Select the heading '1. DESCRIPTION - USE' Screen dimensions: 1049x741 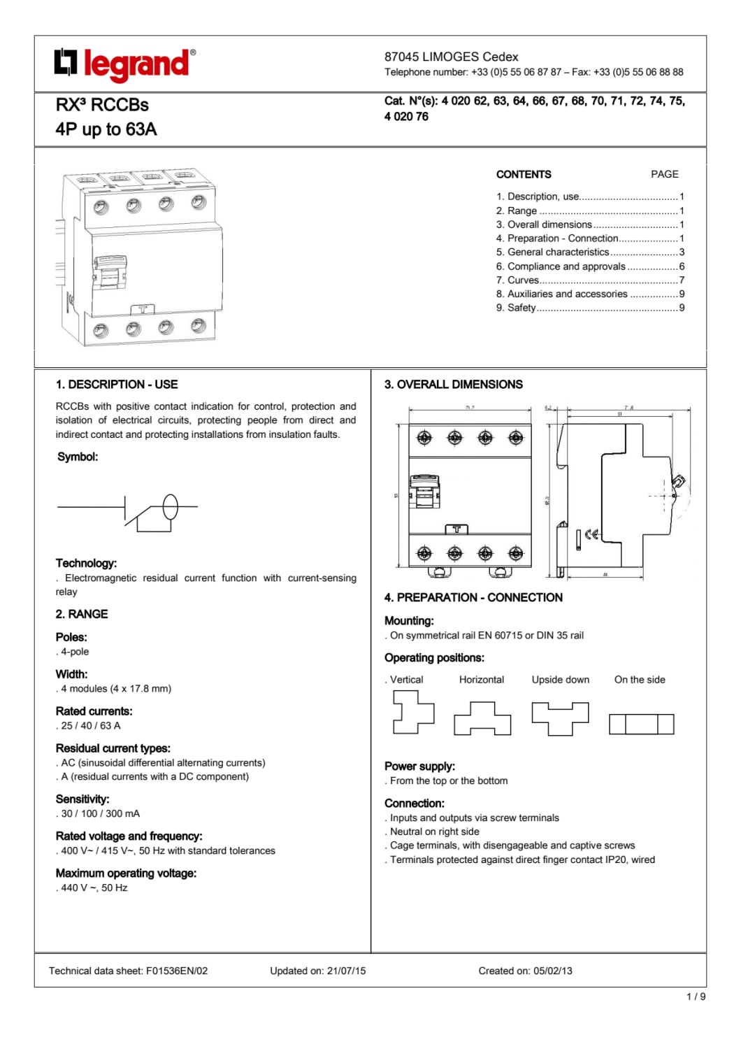pos(117,385)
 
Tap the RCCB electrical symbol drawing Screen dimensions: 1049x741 pos(128,513)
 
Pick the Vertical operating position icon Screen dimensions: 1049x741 pos(412,712)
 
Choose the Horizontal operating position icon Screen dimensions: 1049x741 pos(482,720)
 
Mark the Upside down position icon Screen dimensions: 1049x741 pos(560,719)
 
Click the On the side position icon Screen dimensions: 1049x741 pos(641,724)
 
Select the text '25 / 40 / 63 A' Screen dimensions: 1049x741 pos(91,726)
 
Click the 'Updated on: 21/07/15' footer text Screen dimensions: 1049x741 pos(317,971)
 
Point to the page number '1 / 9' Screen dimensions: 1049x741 pos(696,997)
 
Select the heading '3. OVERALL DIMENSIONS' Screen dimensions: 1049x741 pos(453,385)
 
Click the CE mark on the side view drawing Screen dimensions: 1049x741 pos(591,535)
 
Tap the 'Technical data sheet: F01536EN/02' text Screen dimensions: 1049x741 pos(128,971)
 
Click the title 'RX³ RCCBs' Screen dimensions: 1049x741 pos(102,105)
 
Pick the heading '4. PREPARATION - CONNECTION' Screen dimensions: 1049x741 pos(473,598)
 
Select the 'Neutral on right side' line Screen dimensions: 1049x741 pos(434,832)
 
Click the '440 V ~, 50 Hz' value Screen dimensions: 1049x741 pos(94,888)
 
